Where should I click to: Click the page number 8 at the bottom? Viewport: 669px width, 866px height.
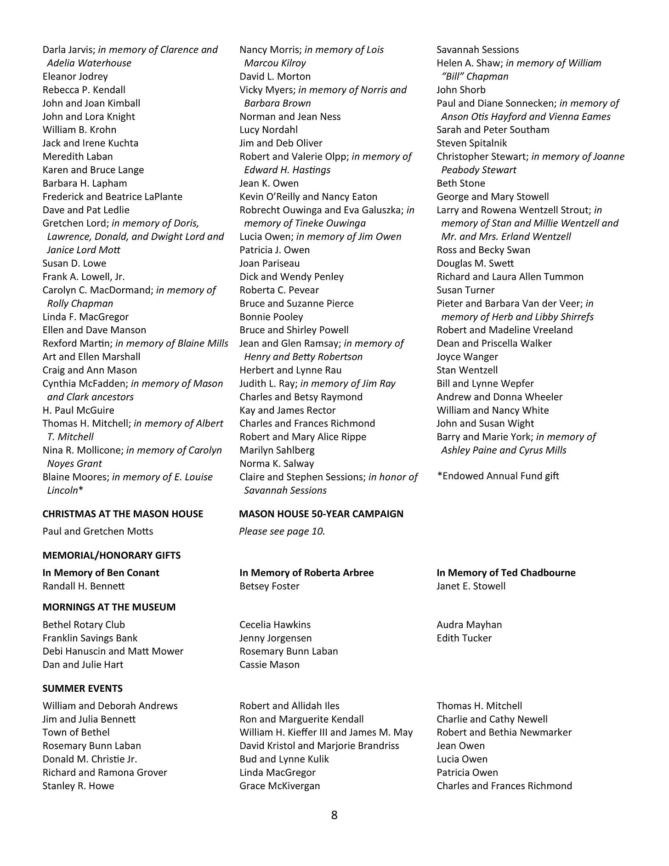pos(334,815)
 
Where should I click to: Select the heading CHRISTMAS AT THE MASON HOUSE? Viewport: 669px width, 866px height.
pos(123,514)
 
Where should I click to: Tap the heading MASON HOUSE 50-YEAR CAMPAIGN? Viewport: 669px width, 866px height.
pos(321,514)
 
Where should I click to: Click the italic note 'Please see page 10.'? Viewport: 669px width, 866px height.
pos(282,531)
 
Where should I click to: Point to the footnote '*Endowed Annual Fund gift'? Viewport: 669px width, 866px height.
pos(498,476)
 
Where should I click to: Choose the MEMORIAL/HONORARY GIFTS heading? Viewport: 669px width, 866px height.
pos(111,555)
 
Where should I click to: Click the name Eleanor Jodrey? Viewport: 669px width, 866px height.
pos(75,76)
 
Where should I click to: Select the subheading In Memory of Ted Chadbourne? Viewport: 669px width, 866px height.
pos(505,573)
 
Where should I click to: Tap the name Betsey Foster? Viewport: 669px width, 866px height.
pos(269,586)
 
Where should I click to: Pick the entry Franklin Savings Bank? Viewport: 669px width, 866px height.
pos(90,638)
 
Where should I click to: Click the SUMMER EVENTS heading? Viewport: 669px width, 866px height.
pos(82,689)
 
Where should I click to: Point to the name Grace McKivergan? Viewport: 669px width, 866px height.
pos(279,786)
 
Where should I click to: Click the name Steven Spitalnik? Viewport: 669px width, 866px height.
pos(471,143)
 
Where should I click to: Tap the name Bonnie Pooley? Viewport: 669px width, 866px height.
pos(271,317)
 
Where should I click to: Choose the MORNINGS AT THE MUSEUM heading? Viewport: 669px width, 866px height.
pos(109,607)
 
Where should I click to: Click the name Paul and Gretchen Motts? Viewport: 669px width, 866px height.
pos(97,531)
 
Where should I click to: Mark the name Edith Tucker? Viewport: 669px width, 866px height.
pos(464,638)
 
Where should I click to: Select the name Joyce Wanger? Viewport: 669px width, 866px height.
pos(467,357)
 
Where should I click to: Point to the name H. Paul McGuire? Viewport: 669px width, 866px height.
pos(78,410)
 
